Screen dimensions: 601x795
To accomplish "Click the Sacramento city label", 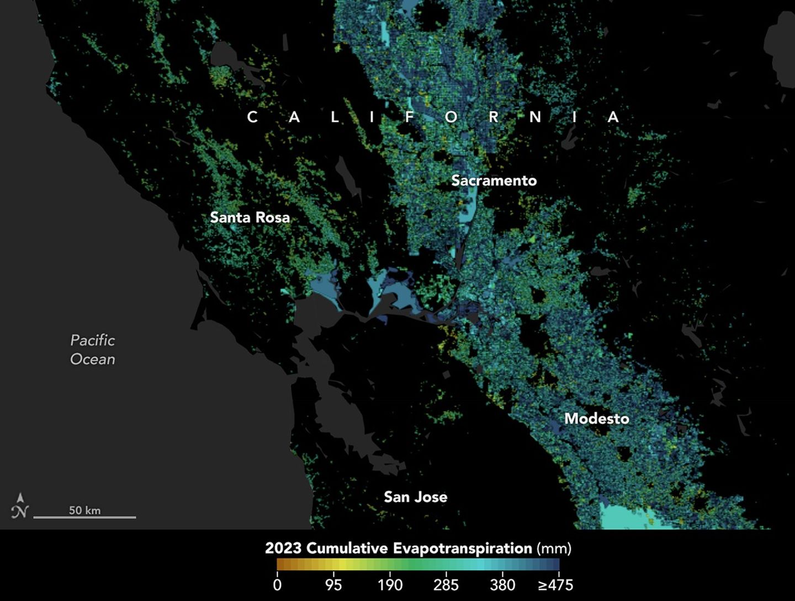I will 494,180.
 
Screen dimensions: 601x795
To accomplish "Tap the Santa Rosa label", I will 250,217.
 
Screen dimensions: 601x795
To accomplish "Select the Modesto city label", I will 596,418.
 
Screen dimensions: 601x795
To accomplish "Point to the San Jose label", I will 415,497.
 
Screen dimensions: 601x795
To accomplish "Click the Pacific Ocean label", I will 93,349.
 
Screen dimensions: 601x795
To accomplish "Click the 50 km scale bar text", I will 84,510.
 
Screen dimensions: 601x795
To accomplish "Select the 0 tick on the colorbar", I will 277,585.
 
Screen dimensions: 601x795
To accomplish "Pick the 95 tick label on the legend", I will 333,585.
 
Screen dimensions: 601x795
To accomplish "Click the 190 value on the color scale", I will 390,585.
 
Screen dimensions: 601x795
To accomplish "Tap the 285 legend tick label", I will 446,585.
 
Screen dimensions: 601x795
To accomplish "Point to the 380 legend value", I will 502,585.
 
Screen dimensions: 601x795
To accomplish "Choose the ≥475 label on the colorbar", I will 555,585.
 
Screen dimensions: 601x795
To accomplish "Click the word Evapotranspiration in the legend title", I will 462,549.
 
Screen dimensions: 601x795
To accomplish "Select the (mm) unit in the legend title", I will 554,549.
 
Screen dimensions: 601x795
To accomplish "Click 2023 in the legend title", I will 283,549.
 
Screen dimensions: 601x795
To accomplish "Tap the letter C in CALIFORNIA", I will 252,117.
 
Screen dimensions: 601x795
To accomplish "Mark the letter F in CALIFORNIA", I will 409,117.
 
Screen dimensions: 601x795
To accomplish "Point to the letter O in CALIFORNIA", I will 451,117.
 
